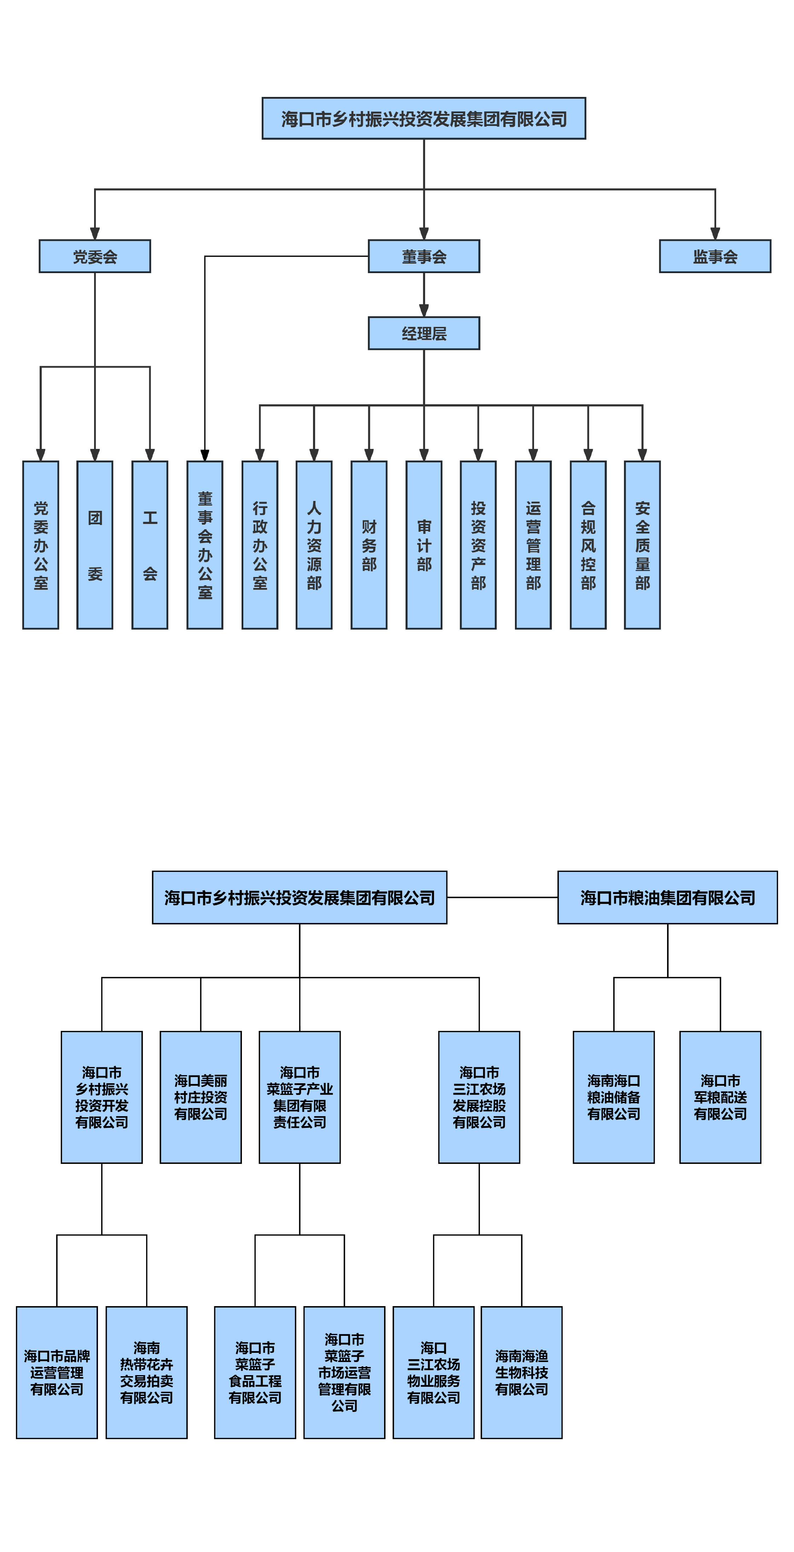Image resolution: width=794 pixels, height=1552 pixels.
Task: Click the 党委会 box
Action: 94,256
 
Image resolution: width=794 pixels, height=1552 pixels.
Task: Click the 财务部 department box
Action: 369,545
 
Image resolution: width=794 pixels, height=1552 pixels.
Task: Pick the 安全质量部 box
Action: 642,545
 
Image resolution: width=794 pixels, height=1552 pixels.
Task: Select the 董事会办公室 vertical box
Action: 205,545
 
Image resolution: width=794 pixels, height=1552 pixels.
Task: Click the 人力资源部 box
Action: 314,545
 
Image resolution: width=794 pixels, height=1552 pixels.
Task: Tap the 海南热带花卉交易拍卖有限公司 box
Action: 146,1372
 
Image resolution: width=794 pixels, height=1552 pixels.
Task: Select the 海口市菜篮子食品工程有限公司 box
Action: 255,1372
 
